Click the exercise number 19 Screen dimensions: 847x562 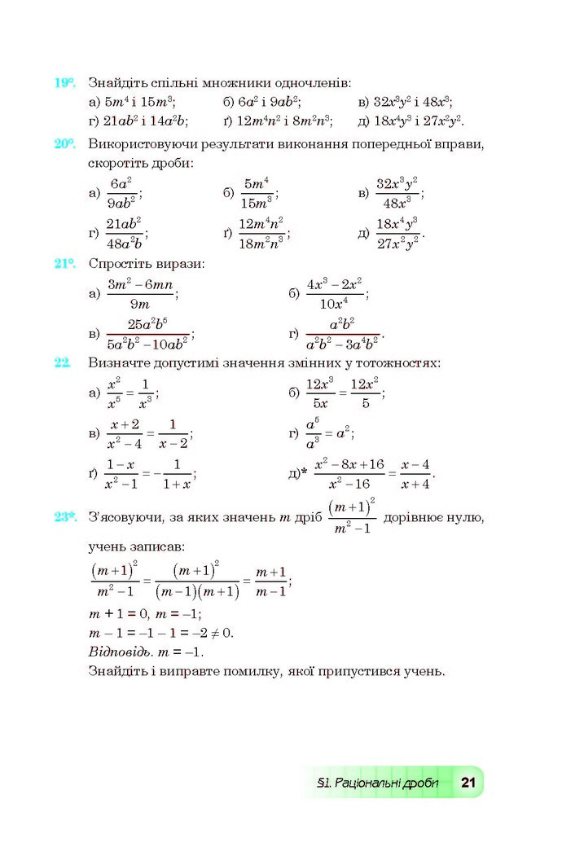pyautogui.click(x=64, y=83)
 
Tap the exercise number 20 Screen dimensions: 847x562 pyautogui.click(x=64, y=144)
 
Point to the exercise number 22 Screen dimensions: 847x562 pyautogui.click(x=63, y=362)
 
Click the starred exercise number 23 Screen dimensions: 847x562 pyautogui.click(x=65, y=516)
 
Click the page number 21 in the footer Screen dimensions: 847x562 pyautogui.click(x=468, y=783)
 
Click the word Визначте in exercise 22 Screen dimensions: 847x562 pyautogui.click(x=121, y=362)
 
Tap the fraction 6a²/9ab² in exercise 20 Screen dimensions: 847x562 pyautogui.click(x=121, y=194)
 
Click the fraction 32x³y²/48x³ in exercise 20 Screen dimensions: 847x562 pyautogui.click(x=397, y=194)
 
